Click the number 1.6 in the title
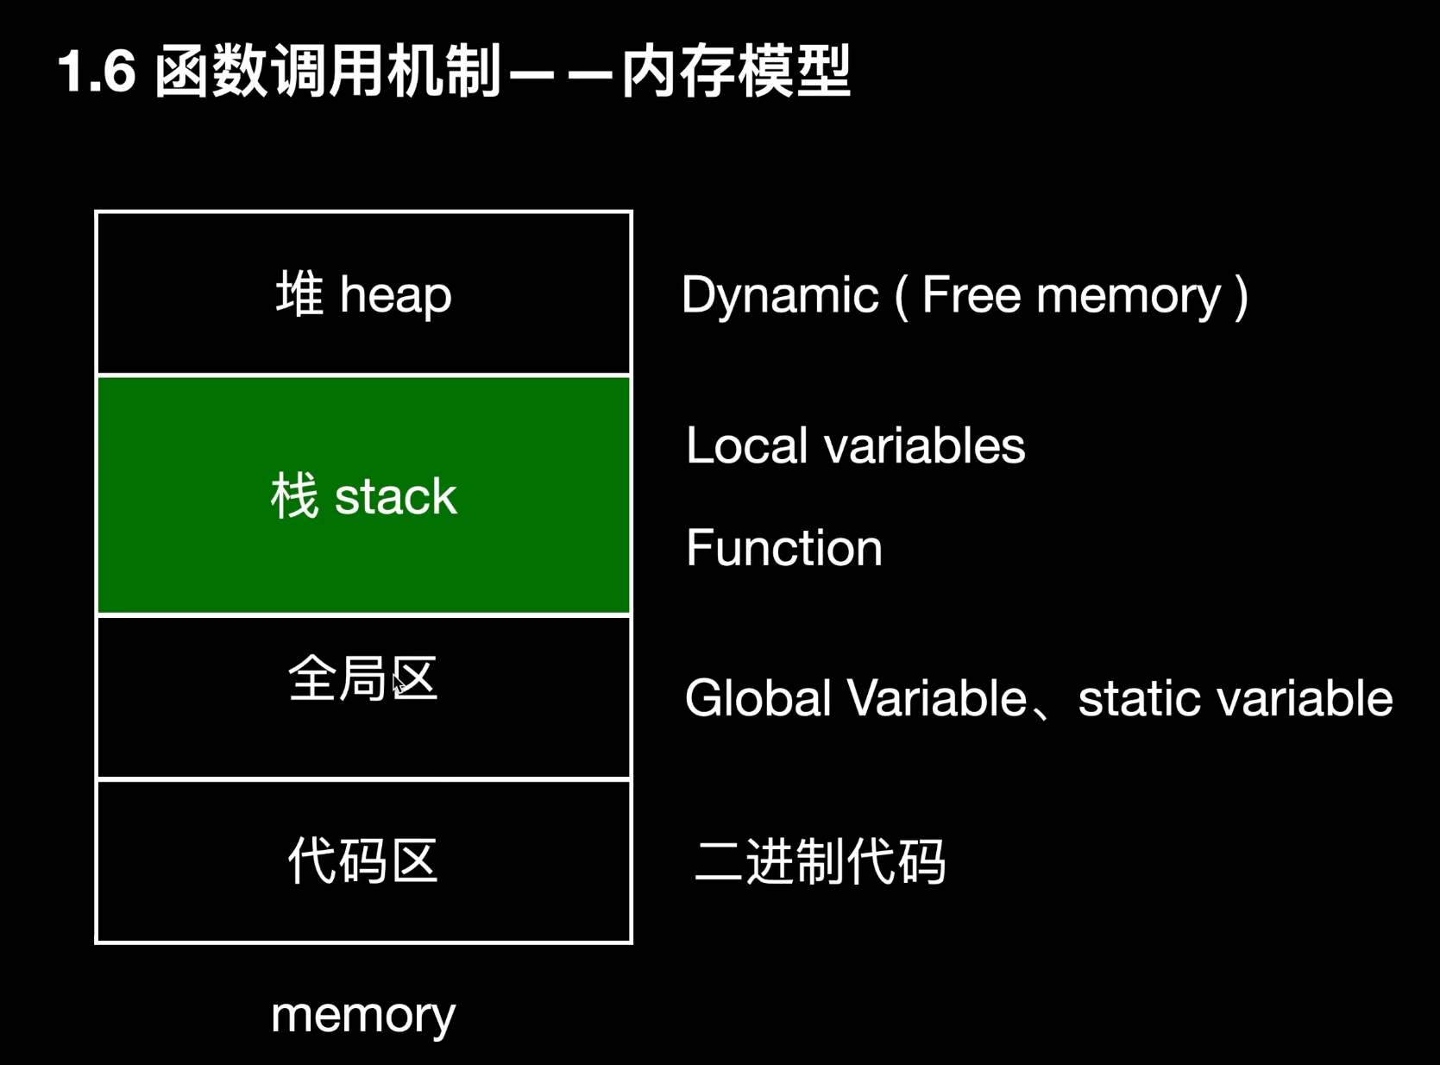click(97, 71)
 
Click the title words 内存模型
click(736, 71)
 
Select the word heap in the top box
click(396, 295)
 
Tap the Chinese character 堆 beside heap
click(299, 293)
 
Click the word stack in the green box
click(396, 497)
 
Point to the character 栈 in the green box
click(295, 495)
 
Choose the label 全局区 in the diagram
click(363, 678)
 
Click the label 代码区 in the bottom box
click(363, 860)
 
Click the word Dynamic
click(780, 295)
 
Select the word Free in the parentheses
click(972, 294)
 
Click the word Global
click(758, 698)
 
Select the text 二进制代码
click(820, 861)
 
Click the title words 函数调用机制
click(328, 71)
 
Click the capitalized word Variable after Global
click(938, 698)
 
